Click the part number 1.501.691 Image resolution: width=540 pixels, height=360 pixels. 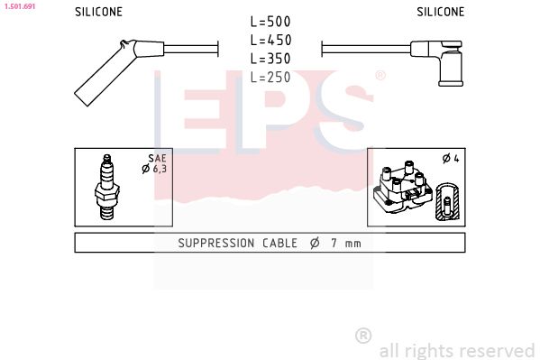pos(18,6)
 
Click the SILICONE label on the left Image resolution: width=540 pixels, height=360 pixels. pos(98,13)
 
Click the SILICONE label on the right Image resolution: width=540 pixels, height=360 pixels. pos(440,13)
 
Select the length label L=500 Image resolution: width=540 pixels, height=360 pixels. pos(270,22)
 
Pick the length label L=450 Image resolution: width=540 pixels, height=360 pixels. pos(270,40)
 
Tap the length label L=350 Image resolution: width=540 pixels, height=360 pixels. pos(270,59)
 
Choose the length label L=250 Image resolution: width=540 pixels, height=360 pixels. pos(270,78)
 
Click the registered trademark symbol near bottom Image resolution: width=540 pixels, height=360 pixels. pos(363,336)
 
